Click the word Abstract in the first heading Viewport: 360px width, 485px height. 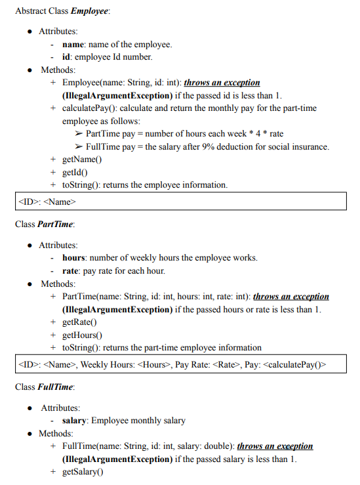click(30, 12)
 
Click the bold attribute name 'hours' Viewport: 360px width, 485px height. click(74, 258)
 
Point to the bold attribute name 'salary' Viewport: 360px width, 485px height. click(75, 421)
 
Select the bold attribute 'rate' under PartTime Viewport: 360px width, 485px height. click(71, 270)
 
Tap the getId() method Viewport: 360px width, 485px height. click(75, 172)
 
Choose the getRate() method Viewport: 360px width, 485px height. click(79, 322)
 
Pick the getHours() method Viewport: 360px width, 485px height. click(82, 335)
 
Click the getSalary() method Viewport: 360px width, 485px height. click(83, 472)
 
